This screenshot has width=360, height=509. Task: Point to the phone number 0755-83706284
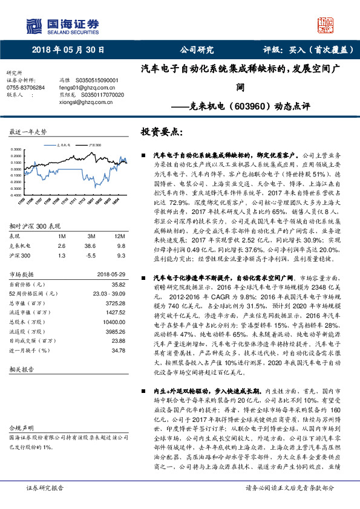click(25, 88)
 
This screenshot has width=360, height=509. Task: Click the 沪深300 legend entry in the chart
click(95, 146)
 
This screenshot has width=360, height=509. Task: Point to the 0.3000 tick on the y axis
click(15, 149)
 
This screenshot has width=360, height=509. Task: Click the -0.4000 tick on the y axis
click(15, 196)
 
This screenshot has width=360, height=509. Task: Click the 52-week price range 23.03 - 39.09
click(109, 275)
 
